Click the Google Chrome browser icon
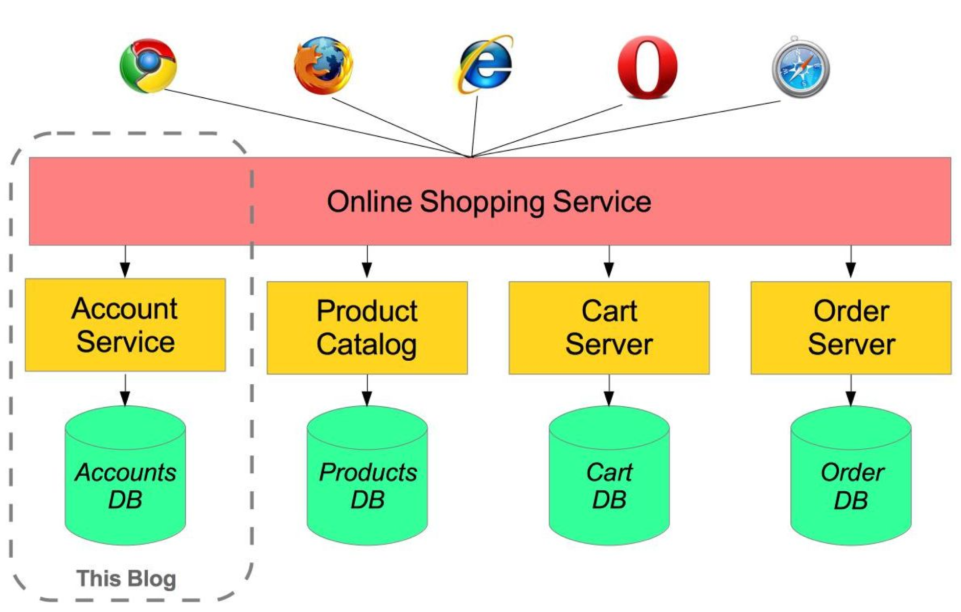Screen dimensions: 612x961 (148, 65)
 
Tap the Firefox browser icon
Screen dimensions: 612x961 (323, 65)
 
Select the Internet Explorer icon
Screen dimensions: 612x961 (485, 64)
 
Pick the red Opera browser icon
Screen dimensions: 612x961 (647, 67)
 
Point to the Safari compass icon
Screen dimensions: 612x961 (800, 68)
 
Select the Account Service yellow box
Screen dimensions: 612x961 (125, 325)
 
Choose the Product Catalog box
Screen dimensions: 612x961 (367, 327)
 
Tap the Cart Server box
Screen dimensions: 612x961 (609, 327)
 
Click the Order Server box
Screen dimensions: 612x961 (851, 327)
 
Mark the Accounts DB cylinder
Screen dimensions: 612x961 (125, 481)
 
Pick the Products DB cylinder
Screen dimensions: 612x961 (367, 481)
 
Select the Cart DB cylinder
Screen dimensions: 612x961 (609, 481)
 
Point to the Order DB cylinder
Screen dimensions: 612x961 (851, 481)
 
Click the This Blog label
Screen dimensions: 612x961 (126, 579)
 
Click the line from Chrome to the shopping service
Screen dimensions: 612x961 (317, 123)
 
